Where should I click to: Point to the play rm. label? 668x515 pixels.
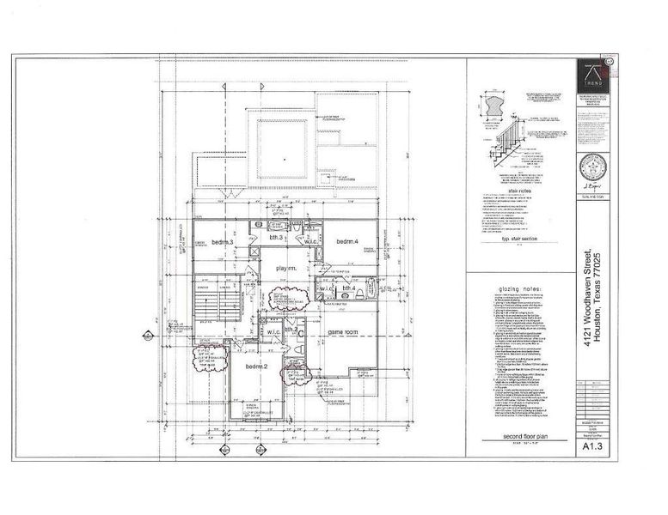(286, 269)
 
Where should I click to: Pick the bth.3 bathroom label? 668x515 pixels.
(276, 237)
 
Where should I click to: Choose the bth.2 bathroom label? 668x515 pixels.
(291, 330)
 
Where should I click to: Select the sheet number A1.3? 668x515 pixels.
(591, 446)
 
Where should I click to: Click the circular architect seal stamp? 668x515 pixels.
(591, 167)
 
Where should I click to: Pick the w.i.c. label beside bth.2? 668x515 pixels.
(272, 331)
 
